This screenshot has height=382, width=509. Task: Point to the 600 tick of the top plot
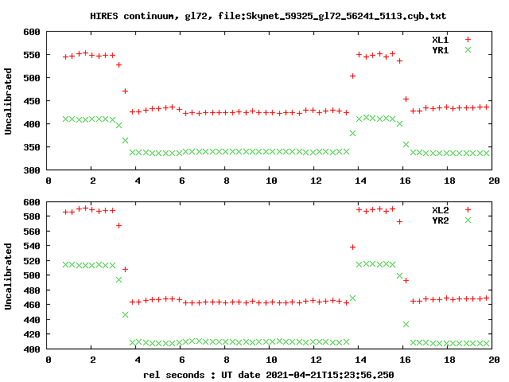tap(32, 32)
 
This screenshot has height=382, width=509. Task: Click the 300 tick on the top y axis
tap(32, 170)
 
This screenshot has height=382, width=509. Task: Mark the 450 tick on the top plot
tap(32, 101)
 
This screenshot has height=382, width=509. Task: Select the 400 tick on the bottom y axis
tap(32, 349)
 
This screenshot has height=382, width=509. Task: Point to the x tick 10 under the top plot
tap(270, 181)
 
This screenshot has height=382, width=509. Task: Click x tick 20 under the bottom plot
tap(493, 360)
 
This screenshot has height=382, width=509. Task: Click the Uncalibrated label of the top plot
tap(9, 101)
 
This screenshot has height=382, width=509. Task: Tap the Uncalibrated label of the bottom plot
tap(9, 275)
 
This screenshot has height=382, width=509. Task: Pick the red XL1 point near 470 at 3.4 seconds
tap(125, 92)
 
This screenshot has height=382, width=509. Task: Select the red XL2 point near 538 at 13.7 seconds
tap(352, 247)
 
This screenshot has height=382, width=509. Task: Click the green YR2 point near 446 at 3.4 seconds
tap(125, 314)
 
